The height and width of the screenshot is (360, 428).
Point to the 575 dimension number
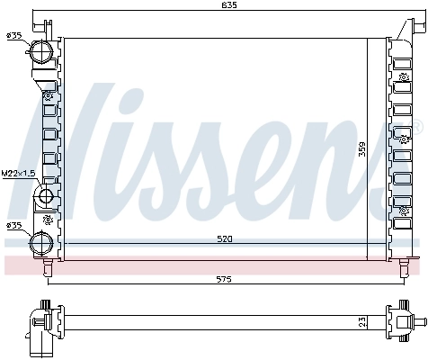[224, 278]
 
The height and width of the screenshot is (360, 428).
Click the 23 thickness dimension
[362, 319]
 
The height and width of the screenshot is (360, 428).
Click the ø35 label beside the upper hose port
[13, 35]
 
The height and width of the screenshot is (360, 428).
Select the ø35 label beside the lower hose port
[13, 225]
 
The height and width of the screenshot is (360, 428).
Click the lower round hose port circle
[40, 241]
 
